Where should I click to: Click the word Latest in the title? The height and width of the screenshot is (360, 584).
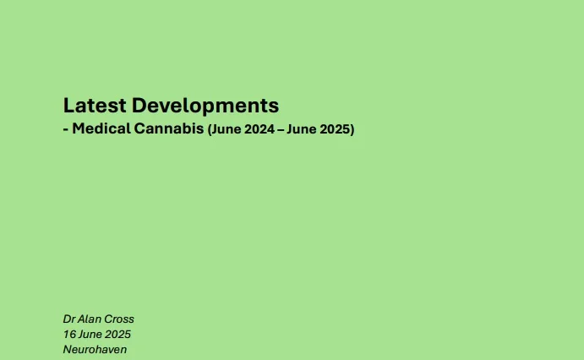coord(95,106)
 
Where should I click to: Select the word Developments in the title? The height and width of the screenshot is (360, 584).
coord(205,106)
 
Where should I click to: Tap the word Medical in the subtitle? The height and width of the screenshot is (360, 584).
coord(101,128)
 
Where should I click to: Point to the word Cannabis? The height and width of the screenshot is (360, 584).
coord(169,128)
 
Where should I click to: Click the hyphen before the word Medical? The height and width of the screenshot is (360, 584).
coord(66,129)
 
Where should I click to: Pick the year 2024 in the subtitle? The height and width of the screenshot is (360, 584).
coord(260,129)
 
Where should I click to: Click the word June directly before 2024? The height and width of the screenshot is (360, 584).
coord(227,129)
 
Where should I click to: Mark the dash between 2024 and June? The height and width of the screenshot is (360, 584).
coord(281,129)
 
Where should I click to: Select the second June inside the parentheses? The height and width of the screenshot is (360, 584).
coord(302,129)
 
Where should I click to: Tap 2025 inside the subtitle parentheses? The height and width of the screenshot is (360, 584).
coord(335,129)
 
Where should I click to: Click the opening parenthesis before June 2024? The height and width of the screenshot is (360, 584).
coord(210,129)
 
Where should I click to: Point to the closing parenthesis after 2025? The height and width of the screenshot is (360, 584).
coord(352,129)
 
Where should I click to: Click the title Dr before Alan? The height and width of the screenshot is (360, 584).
coord(69,319)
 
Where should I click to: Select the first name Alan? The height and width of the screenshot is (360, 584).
coord(89,319)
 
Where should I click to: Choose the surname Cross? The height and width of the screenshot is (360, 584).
coord(119,319)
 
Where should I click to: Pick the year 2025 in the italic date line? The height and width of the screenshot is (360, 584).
coord(117,335)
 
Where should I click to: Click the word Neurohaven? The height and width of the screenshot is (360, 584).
coord(95,350)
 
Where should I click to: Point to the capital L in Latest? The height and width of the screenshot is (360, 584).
coord(68,106)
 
